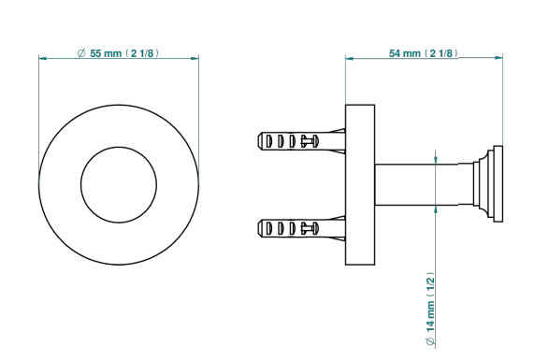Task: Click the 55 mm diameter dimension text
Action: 118,53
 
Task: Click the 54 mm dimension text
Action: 424,53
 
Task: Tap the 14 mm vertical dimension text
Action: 430,309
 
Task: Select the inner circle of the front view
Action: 119,147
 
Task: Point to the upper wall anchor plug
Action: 301,141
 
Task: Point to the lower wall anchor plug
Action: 301,228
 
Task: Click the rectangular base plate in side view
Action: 360,184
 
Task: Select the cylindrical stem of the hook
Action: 416,184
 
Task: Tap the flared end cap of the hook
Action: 487,184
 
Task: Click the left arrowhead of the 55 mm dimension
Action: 43,58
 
